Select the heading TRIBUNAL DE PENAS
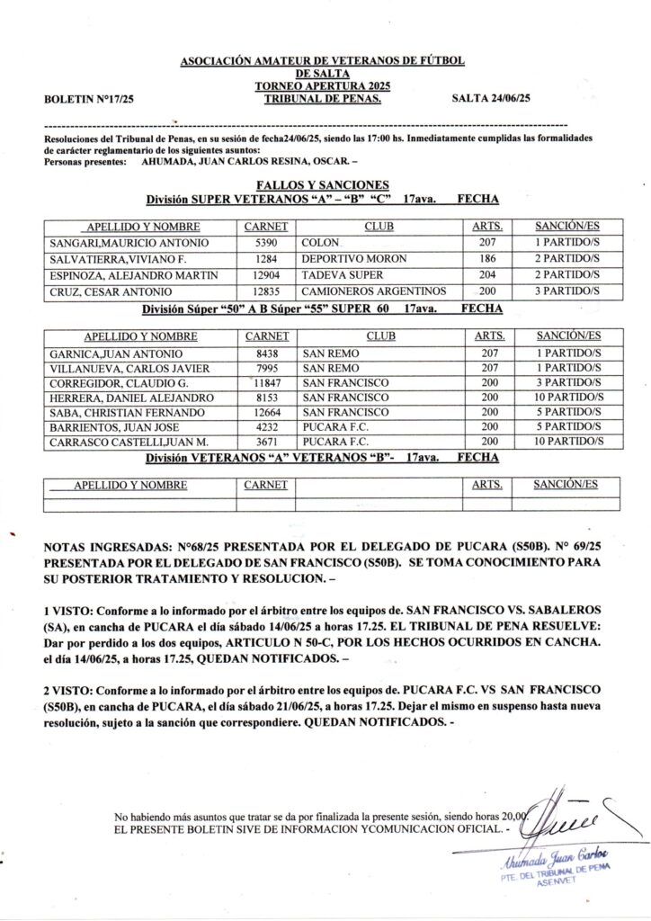point(323,97)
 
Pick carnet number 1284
point(267,259)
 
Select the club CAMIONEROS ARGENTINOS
point(374,291)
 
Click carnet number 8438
point(267,353)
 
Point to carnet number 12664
point(267,412)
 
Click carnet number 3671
point(267,442)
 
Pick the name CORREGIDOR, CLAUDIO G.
point(111,383)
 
